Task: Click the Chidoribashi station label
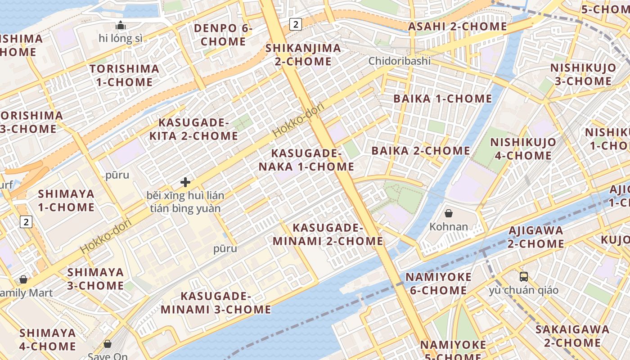(400, 61)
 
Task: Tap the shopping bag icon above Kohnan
(448, 213)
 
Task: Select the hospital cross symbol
(185, 182)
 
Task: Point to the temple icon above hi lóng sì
(121, 25)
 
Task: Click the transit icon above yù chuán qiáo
(523, 276)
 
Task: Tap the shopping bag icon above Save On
(108, 344)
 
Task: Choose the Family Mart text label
(26, 293)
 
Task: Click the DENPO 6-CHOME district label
(223, 35)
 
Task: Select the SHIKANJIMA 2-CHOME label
(303, 54)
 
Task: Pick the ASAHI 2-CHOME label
(457, 27)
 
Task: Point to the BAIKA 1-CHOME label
(443, 99)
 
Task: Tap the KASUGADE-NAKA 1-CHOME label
(306, 160)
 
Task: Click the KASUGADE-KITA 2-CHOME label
(198, 129)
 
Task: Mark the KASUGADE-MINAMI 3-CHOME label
(216, 303)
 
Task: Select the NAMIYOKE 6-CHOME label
(438, 283)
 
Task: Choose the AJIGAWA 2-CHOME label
(535, 237)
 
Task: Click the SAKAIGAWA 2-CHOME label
(572, 336)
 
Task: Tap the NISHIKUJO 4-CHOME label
(523, 149)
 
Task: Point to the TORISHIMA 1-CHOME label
(124, 76)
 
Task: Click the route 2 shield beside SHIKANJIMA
(295, 24)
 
